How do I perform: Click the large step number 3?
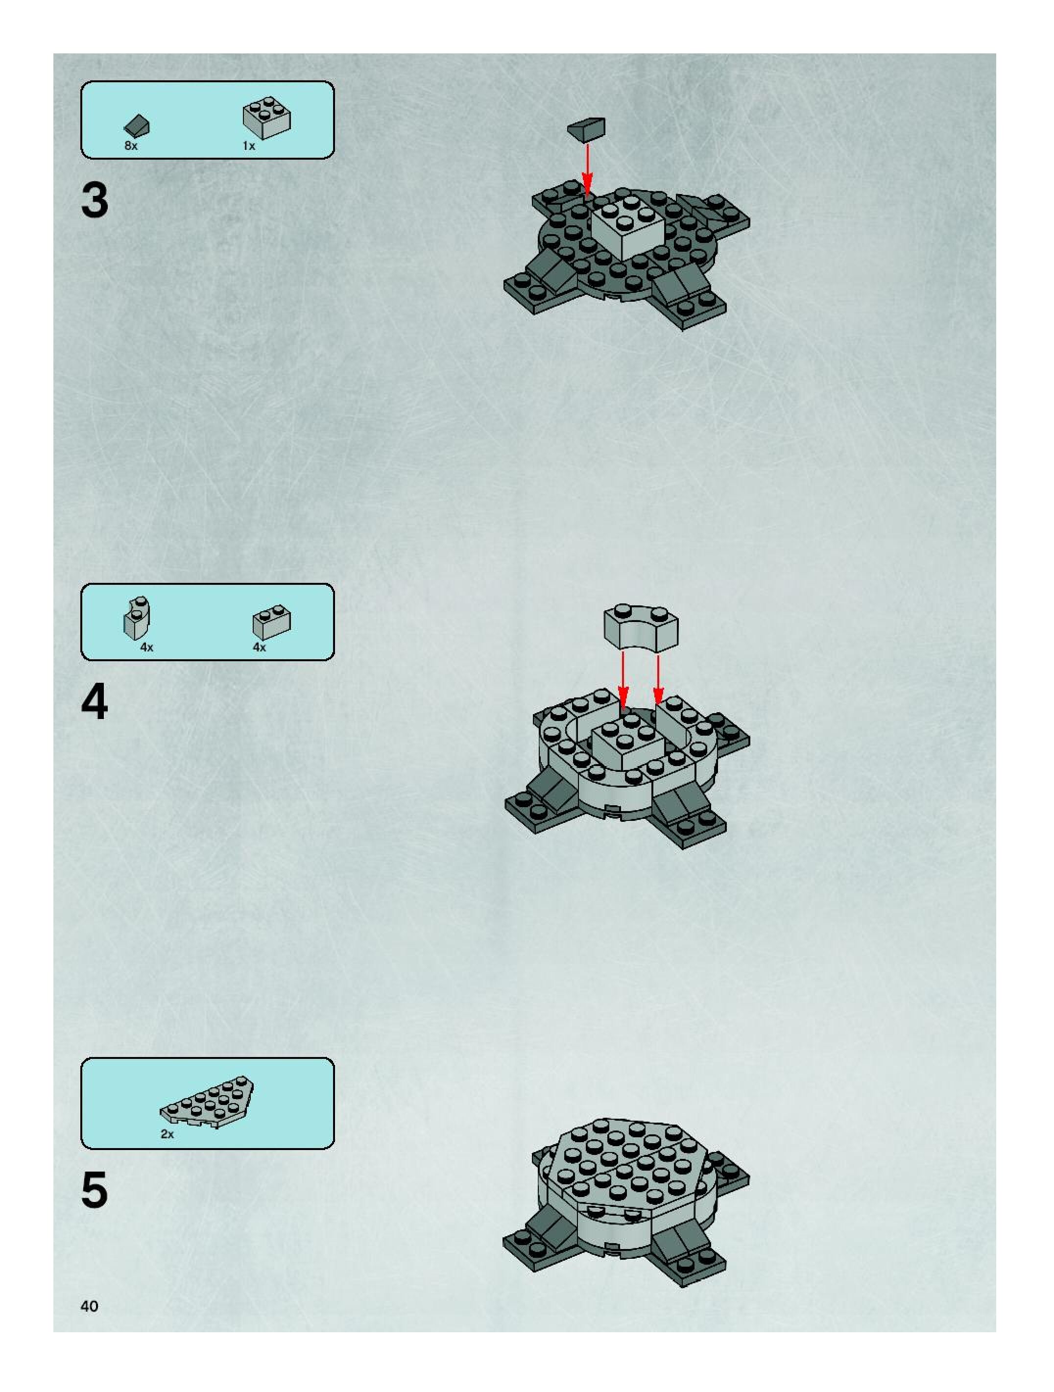tap(95, 201)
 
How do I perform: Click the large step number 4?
tap(95, 702)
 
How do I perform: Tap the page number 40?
tap(89, 1306)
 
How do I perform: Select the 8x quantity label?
tap(131, 145)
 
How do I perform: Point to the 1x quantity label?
tap(249, 146)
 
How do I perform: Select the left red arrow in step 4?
tap(623, 679)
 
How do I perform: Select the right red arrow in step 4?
tap(658, 679)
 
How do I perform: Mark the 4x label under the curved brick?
tap(146, 647)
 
